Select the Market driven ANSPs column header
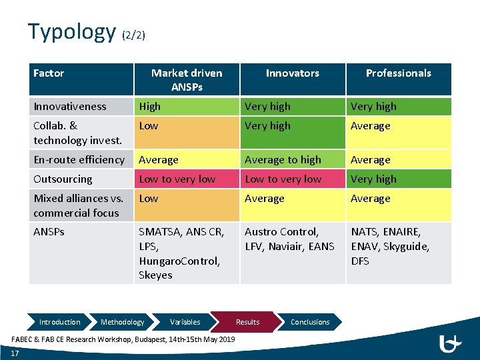[x=187, y=79]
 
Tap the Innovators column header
[x=292, y=73]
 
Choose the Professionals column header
[x=398, y=73]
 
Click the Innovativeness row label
[x=70, y=107]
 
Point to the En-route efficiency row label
[x=79, y=160]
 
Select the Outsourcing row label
[x=63, y=179]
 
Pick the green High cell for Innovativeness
[x=187, y=107]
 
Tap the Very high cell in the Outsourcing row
[x=398, y=179]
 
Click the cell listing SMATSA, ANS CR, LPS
[x=187, y=253]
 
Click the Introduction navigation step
[x=59, y=322]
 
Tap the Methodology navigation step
[x=122, y=322]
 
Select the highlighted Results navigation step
[x=247, y=322]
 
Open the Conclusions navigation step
[x=310, y=322]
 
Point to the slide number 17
[x=15, y=353]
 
